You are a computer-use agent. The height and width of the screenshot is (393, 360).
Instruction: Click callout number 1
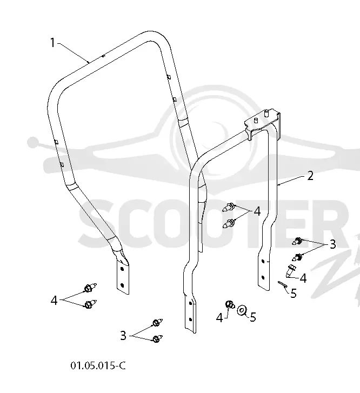tap(52, 43)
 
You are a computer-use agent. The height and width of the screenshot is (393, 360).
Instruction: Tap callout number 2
tap(310, 176)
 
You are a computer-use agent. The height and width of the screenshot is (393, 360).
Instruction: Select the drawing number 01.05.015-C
tap(98, 365)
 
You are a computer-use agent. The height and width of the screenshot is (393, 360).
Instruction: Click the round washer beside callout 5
tap(242, 310)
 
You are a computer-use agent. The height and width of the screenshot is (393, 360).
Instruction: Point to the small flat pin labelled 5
tap(282, 285)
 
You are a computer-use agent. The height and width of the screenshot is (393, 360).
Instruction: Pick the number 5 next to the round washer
tap(253, 317)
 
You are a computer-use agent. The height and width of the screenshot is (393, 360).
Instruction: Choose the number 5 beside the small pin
tap(294, 293)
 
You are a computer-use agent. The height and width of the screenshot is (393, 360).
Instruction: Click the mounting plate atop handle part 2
tap(263, 123)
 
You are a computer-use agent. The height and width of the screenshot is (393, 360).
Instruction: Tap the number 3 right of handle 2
tap(332, 244)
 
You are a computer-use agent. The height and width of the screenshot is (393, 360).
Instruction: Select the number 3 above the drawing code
tap(123, 336)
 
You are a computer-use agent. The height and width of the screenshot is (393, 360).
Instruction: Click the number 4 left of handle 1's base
tap(54, 300)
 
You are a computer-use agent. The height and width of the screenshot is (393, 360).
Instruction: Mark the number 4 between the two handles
tap(257, 211)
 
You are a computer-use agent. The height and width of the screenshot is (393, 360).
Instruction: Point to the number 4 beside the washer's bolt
tap(219, 318)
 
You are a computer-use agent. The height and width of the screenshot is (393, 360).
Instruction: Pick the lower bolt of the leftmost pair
tap(90, 304)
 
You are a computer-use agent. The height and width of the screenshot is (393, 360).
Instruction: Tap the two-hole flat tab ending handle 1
tap(123, 276)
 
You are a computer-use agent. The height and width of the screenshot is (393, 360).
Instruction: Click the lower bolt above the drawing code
tap(157, 338)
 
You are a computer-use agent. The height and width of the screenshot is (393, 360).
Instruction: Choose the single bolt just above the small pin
tap(291, 270)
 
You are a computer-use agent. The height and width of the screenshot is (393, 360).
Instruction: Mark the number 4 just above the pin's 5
tap(303, 278)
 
